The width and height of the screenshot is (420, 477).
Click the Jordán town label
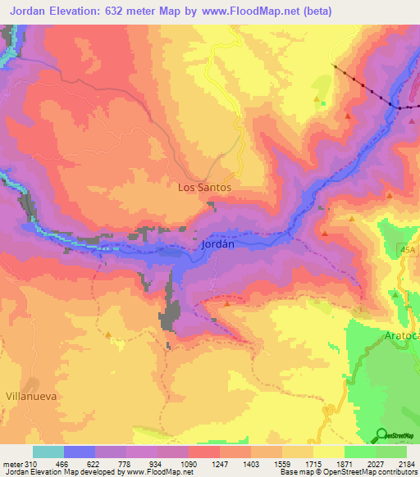pos(218,244)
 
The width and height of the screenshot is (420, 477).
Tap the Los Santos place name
pos(204,187)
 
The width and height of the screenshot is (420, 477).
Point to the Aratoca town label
pos(402,337)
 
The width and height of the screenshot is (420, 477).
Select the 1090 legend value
pos(189,463)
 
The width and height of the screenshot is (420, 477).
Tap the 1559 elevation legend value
pos(281,463)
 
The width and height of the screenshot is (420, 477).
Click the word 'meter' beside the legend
pos(11,463)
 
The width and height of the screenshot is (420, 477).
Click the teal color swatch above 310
pos(48,452)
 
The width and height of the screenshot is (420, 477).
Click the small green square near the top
pos(324,104)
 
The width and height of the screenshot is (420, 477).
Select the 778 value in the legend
pos(126,463)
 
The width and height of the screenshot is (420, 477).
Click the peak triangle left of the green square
pos(317,99)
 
